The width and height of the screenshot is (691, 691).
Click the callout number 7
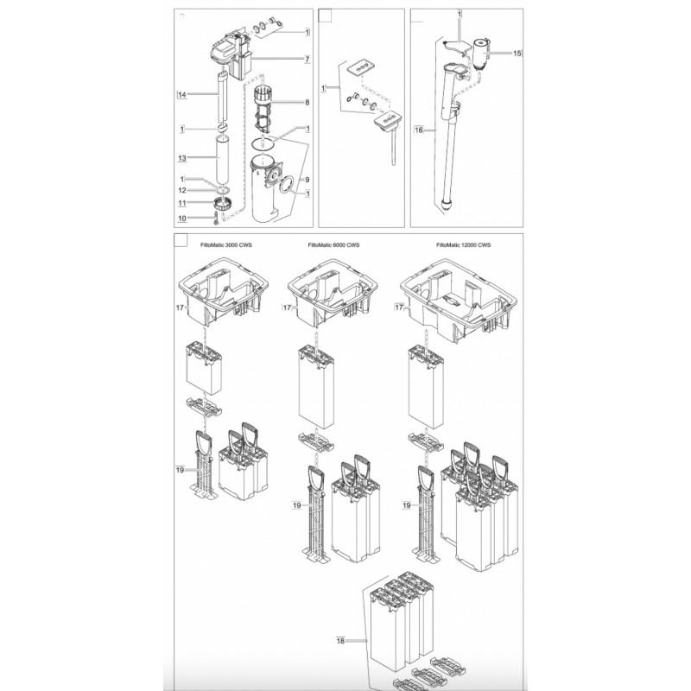click(x=307, y=59)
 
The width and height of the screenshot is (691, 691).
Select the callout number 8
click(x=307, y=102)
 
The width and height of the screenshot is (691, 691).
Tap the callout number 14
click(x=182, y=95)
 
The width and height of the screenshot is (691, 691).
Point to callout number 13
click(x=182, y=158)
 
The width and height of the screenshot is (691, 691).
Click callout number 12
click(x=182, y=190)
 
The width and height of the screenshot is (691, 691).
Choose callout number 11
click(x=182, y=203)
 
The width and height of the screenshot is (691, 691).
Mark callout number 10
click(x=182, y=219)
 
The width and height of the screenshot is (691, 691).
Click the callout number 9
click(x=307, y=180)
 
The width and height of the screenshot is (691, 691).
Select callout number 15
click(x=517, y=54)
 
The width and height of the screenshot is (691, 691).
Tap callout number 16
click(x=419, y=130)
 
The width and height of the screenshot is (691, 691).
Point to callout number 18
click(x=340, y=641)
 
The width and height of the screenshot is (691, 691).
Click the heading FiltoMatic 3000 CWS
click(x=226, y=245)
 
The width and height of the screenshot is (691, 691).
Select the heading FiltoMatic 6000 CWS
click(x=333, y=245)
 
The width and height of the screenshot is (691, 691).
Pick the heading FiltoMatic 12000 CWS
click(x=463, y=245)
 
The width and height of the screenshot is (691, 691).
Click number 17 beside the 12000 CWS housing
click(x=399, y=307)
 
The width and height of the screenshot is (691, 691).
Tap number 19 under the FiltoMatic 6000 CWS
click(x=296, y=505)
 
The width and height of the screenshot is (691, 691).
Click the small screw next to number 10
click(x=215, y=218)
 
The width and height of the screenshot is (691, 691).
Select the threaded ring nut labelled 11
click(x=224, y=204)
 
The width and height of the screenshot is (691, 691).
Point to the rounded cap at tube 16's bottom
click(x=447, y=206)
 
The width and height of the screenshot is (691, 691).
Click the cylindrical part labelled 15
click(x=481, y=54)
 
